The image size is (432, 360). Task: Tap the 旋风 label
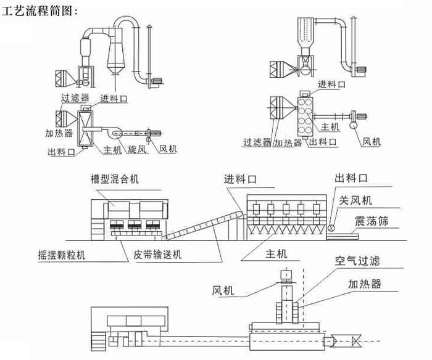coord(138,149)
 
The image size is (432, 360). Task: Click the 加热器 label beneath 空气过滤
coord(364,284)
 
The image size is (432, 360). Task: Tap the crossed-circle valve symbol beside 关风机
coord(332,227)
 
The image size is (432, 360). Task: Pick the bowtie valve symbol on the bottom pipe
coord(356,340)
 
